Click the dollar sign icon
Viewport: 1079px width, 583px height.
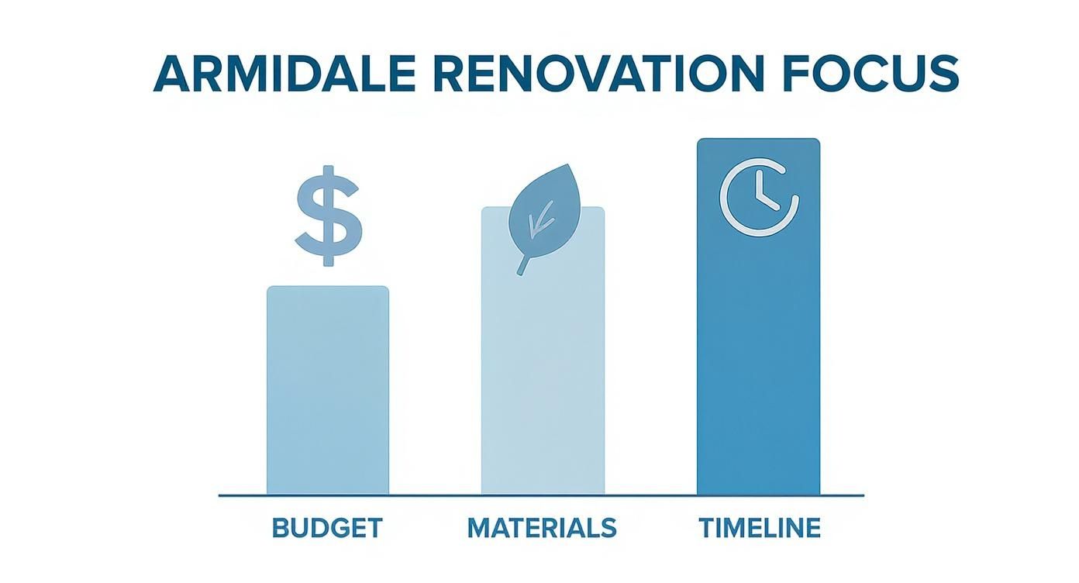click(328, 216)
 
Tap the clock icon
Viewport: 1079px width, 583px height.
click(759, 196)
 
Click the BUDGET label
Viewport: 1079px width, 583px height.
click(327, 528)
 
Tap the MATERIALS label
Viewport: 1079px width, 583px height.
click(542, 528)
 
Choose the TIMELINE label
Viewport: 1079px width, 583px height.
click(760, 528)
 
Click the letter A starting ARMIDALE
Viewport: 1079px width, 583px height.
click(174, 74)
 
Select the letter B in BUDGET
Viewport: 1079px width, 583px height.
click(281, 528)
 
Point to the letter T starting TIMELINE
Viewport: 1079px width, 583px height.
click(707, 528)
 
